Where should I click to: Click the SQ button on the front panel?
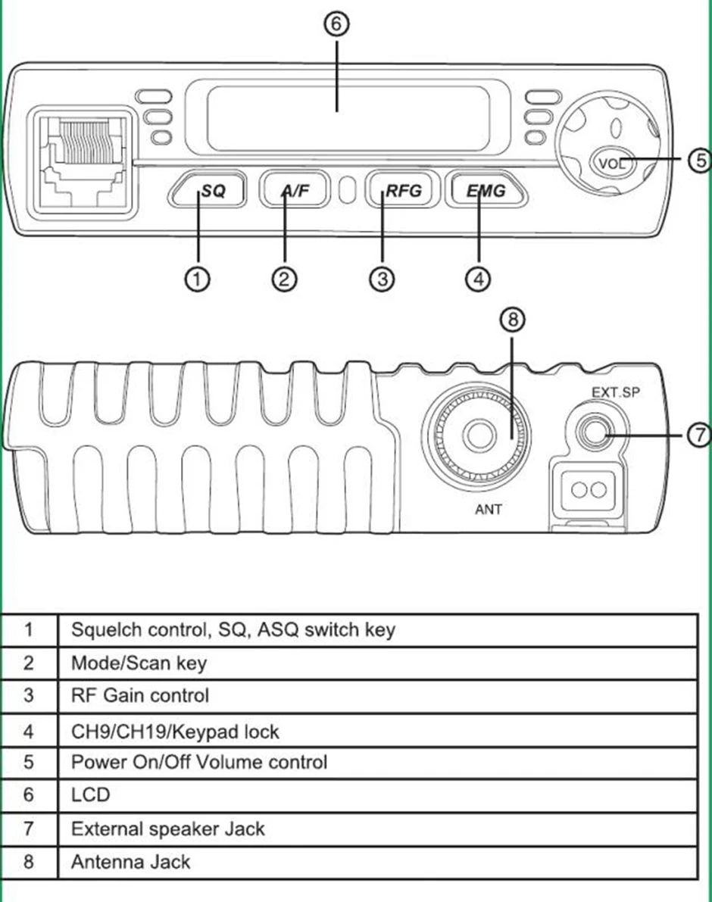pyautogui.click(x=208, y=190)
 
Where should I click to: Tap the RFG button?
pyautogui.click(x=403, y=190)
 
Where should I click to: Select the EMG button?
pyautogui.click(x=486, y=190)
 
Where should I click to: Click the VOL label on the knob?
pyautogui.click(x=613, y=164)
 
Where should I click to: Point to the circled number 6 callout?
pyautogui.click(x=336, y=24)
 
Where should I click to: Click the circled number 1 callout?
pyautogui.click(x=197, y=279)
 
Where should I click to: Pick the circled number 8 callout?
pyautogui.click(x=513, y=319)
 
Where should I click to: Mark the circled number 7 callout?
pyautogui.click(x=699, y=434)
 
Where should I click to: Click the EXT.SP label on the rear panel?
pyautogui.click(x=616, y=392)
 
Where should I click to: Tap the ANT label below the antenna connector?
pyautogui.click(x=489, y=509)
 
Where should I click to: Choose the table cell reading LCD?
pyautogui.click(x=91, y=795)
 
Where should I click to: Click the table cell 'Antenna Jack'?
pyautogui.click(x=130, y=862)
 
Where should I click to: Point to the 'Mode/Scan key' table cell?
pyautogui.click(x=139, y=663)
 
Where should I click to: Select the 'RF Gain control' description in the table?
pyautogui.click(x=140, y=695)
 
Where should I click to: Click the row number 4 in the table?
pyautogui.click(x=28, y=732)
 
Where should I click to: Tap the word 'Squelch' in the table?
pyautogui.click(x=106, y=630)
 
